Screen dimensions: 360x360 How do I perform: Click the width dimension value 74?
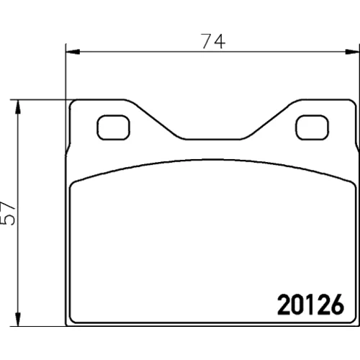point(213,41)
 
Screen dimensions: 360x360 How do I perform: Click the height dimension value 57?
point(8,213)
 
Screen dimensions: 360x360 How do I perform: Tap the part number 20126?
point(310,305)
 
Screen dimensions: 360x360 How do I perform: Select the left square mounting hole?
point(113,127)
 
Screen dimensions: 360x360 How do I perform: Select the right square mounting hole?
point(312,127)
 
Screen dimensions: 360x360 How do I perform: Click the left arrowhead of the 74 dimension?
point(73,52)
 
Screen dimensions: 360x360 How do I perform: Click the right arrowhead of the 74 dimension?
point(352,52)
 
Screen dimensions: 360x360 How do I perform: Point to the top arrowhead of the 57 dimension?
point(17,107)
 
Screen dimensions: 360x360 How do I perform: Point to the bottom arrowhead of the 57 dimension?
point(17,319)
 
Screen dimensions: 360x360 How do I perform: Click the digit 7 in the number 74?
point(207,41)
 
